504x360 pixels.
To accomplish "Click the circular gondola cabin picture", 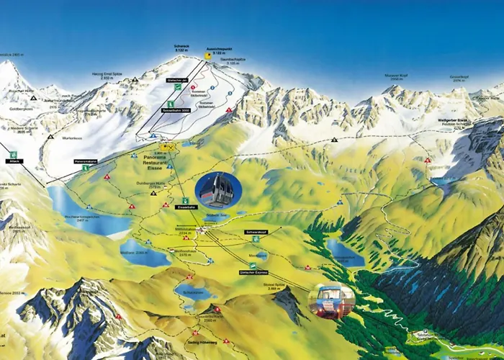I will [x=218, y=191].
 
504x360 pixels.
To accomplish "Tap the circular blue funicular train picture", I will [x=331, y=301].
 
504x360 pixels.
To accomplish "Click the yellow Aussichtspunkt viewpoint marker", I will [x=208, y=54].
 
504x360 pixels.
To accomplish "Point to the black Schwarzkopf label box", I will [x=256, y=232].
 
